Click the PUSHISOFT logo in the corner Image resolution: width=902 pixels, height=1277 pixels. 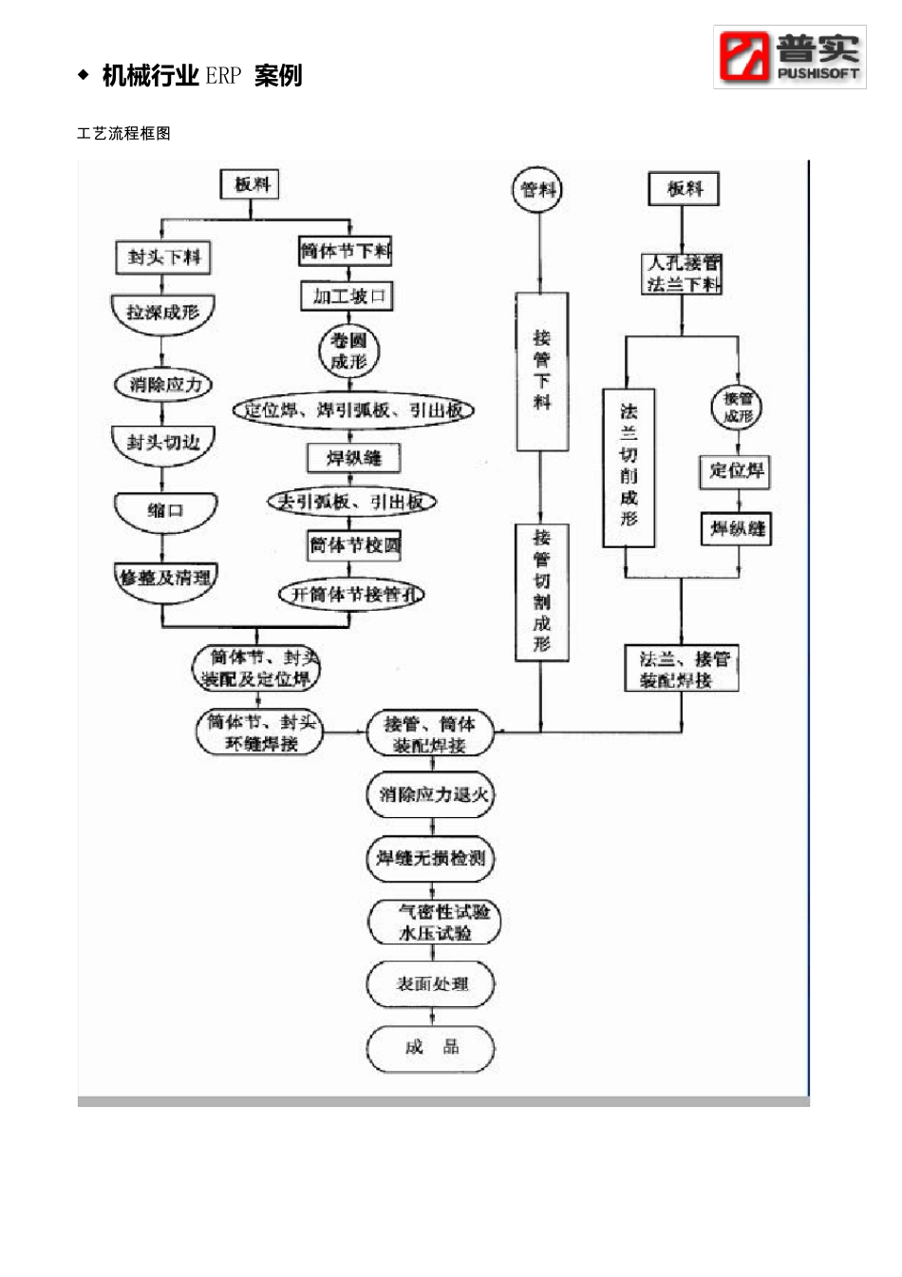[x=789, y=57]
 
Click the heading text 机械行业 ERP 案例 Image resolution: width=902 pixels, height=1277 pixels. [x=201, y=76]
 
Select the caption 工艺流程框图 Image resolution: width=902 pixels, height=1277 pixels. [x=123, y=134]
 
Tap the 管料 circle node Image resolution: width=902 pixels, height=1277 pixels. [x=538, y=190]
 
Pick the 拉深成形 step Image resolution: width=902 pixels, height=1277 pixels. [x=163, y=314]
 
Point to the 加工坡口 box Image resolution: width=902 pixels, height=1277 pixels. [x=348, y=296]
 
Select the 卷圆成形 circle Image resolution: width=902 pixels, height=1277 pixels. [x=348, y=352]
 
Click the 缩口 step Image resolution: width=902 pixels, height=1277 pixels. [x=165, y=512]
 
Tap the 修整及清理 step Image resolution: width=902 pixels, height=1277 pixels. [x=165, y=579]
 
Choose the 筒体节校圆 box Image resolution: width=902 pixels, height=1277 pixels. [x=355, y=545]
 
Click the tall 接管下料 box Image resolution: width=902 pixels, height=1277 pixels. [x=542, y=371]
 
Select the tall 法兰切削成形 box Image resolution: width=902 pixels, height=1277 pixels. [x=629, y=466]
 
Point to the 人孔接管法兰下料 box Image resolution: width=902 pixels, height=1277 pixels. [x=683, y=274]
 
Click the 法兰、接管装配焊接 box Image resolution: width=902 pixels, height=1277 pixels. [x=682, y=669]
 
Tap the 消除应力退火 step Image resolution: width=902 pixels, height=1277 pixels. [x=432, y=795]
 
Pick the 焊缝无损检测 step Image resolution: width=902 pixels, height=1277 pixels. [x=431, y=859]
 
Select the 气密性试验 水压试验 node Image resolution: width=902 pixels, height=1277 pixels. [x=434, y=922]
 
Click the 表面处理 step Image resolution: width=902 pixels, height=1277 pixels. [x=431, y=985]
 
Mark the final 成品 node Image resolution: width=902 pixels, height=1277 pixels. [x=431, y=1049]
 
